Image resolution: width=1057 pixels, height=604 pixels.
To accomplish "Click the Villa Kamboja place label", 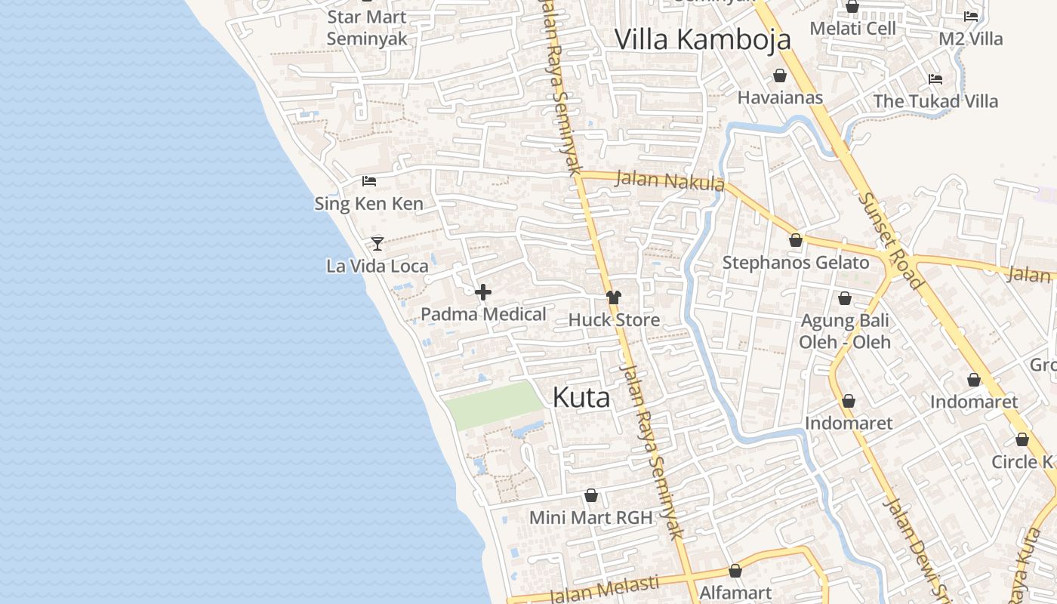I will point(702,39).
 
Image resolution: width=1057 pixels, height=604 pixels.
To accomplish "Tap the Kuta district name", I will point(581,397).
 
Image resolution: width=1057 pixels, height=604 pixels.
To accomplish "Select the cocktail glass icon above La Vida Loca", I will point(377,243).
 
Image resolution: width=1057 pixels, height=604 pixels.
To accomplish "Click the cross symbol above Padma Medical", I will point(483,292).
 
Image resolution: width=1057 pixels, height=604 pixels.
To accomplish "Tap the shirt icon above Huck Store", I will point(614,297).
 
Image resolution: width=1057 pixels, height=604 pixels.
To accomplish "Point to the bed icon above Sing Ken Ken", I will point(369,181).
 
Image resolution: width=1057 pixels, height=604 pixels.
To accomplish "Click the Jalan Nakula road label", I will point(670,181).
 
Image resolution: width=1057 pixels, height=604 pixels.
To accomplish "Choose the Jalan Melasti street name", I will point(604,590).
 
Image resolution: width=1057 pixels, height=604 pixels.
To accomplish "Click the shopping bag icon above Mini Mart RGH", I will point(591,496).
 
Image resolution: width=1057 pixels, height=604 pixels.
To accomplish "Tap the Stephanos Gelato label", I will point(796,263).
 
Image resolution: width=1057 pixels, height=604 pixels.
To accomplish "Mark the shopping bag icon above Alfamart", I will point(735,571).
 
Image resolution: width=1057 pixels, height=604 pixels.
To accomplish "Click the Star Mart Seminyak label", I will point(367,28).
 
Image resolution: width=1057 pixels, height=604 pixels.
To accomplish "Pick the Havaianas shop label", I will point(780,97).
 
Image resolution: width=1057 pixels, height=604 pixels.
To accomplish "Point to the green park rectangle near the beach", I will point(495,405).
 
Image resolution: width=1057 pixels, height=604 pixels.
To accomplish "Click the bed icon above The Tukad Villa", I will point(935,79).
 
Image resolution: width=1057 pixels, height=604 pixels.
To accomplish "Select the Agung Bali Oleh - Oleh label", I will point(845,331).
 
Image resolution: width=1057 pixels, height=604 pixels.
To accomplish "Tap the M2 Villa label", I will point(970,39).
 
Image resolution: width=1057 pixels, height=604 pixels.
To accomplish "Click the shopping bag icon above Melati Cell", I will point(852,7).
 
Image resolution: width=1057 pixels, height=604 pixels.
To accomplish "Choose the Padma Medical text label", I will point(483,314).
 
